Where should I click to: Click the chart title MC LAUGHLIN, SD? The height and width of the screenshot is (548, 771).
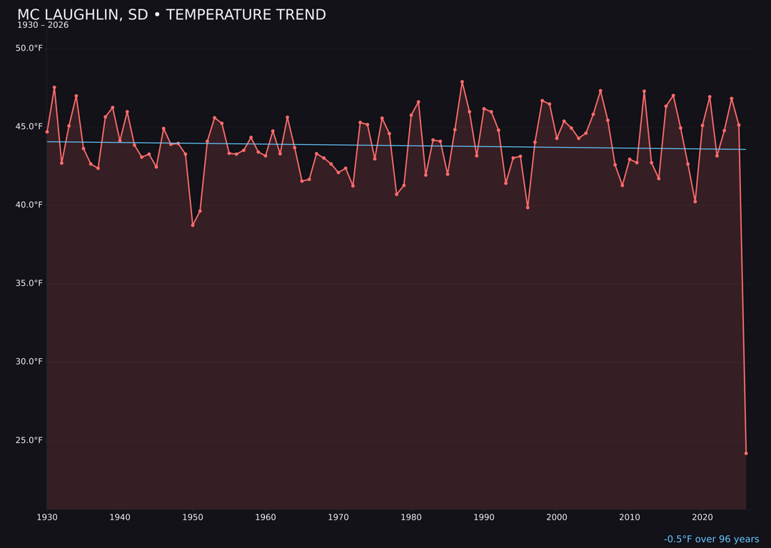tap(171, 15)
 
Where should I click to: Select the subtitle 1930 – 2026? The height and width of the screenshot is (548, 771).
tap(43, 26)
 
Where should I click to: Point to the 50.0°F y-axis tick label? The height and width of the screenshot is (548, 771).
tap(29, 49)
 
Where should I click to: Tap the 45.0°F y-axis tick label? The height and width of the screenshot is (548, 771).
tap(29, 127)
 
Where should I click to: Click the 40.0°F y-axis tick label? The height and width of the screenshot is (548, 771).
tap(29, 205)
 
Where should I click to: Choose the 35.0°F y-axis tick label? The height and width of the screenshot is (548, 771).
tap(29, 283)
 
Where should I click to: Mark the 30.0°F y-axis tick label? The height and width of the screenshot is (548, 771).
tap(29, 362)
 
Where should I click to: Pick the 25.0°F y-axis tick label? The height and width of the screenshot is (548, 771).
tap(29, 440)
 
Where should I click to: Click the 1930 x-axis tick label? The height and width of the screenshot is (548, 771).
tap(47, 517)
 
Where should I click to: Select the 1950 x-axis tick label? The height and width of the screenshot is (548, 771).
tap(193, 517)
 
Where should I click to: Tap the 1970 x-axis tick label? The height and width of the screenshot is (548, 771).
tap(338, 517)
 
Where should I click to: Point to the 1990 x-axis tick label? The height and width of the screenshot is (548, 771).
tap(484, 517)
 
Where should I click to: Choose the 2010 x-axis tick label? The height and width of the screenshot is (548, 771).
tap(630, 517)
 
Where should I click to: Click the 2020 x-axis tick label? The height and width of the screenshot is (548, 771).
tap(702, 517)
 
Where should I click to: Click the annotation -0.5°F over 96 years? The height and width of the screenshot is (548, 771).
tap(711, 539)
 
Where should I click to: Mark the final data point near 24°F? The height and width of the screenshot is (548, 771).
tap(746, 453)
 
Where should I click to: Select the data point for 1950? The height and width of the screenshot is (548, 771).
tap(193, 225)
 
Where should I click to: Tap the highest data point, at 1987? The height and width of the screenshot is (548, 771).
tap(462, 82)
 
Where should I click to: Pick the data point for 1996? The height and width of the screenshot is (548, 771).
tap(528, 208)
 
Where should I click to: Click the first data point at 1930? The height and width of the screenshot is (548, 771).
tap(47, 132)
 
